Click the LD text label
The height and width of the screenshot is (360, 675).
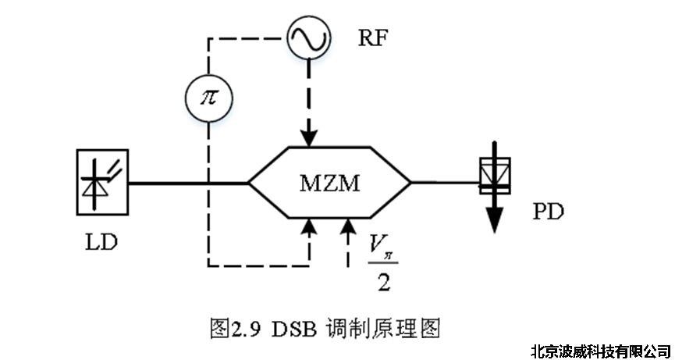point(101,241)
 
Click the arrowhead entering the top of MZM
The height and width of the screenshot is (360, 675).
point(310,137)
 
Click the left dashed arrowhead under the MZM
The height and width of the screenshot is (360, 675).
point(310,228)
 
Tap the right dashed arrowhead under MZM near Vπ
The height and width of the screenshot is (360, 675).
point(347,228)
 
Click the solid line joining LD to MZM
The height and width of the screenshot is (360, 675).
point(187,184)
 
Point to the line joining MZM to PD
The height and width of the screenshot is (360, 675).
point(443,184)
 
